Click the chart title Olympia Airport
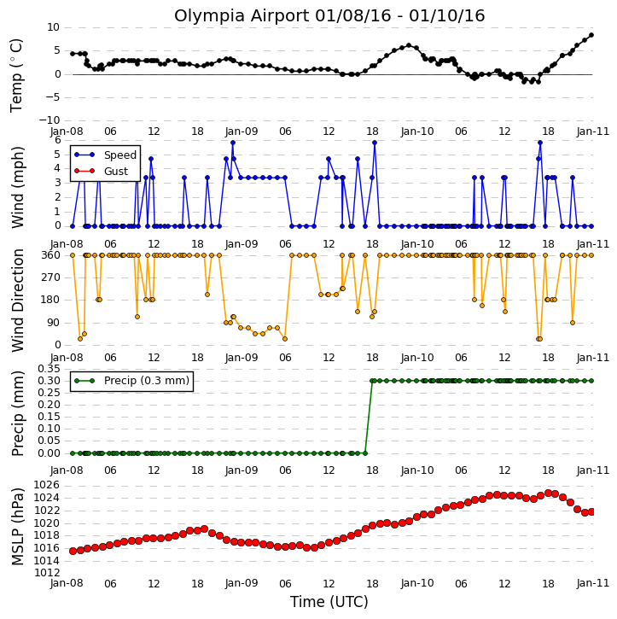pyautogui.click(x=242, y=16)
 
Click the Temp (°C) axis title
pyautogui.click(x=16, y=75)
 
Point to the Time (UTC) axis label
pyautogui.click(x=329, y=602)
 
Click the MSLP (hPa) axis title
pyautogui.click(x=17, y=527)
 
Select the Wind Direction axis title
pyautogui.click(x=17, y=301)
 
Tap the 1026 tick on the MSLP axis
pyautogui.click(x=47, y=485)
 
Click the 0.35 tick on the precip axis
pyautogui.click(x=49, y=369)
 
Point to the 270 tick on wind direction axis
pyautogui.click(x=51, y=277)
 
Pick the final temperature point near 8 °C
pyautogui.click(x=591, y=35)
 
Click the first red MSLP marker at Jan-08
pyautogui.click(x=73, y=551)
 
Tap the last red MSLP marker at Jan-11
pyautogui.click(x=591, y=511)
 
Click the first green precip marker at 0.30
pyautogui.click(x=372, y=381)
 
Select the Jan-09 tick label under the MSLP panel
pyautogui.click(x=242, y=583)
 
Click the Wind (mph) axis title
pyautogui.click(x=17, y=187)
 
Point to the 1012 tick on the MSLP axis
pyautogui.click(x=47, y=573)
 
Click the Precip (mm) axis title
pyautogui.click(x=17, y=414)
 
